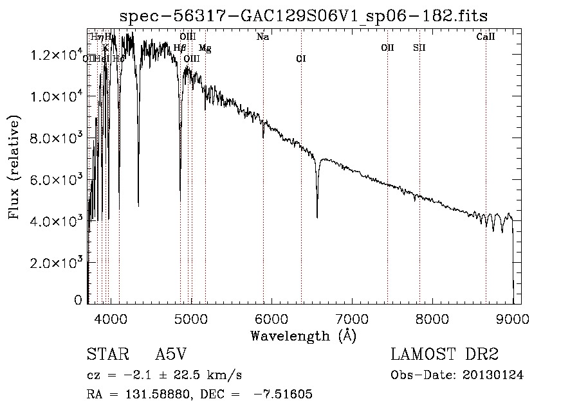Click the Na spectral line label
[262, 37]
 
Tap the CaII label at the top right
[485, 37]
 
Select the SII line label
[419, 48]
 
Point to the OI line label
[300, 58]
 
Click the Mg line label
[205, 48]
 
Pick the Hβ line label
[180, 48]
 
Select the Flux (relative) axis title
[14, 167]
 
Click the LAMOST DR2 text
[445, 355]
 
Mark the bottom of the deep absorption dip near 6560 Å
[317, 217]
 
